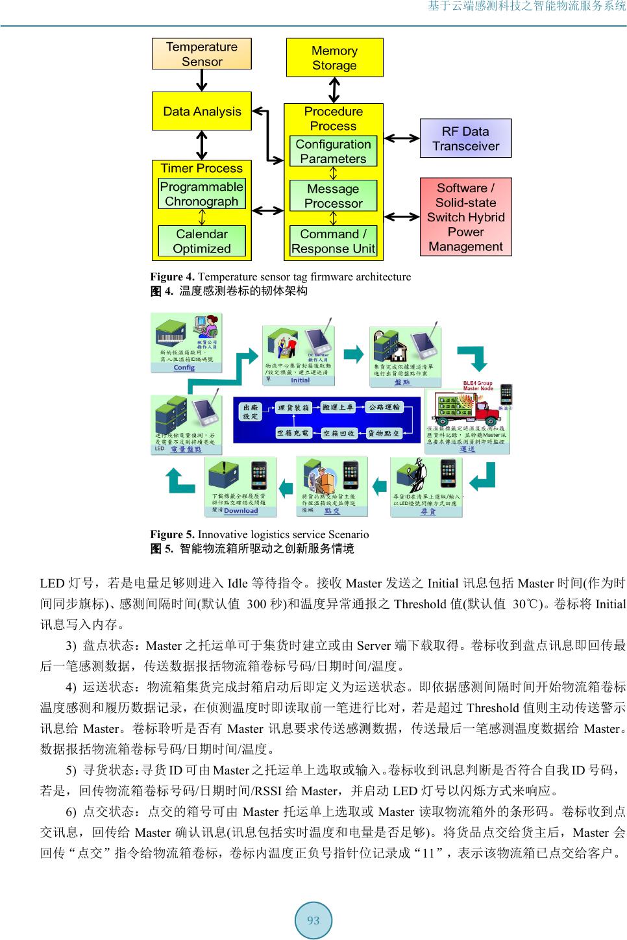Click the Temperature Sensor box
[201, 54]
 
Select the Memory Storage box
[334, 58]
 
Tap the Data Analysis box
[201, 111]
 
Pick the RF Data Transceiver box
[465, 138]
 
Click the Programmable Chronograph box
[202, 193]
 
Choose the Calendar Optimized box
[202, 241]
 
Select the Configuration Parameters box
[333, 151]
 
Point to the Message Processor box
[333, 195]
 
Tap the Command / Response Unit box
[333, 241]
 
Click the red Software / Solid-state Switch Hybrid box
[465, 217]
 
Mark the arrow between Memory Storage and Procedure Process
[334, 90]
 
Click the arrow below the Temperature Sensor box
[202, 80]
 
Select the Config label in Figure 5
[184, 367]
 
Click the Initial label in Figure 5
[300, 380]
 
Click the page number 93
[313, 920]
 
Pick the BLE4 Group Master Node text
[478, 386]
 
